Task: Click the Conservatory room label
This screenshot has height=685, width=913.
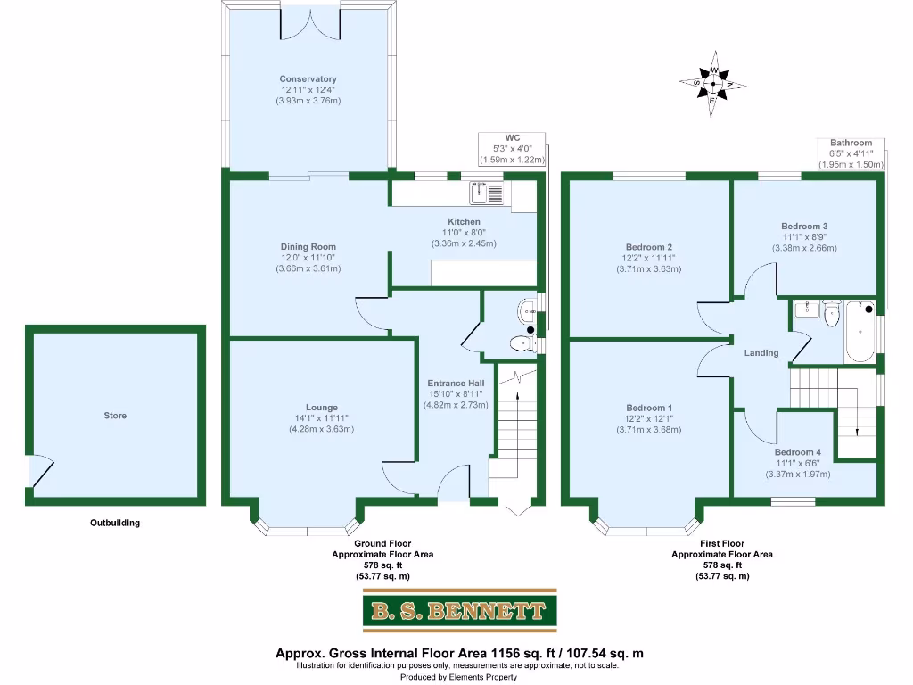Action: (308, 79)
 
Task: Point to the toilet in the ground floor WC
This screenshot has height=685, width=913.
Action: (520, 342)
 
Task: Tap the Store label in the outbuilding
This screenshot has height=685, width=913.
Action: (115, 416)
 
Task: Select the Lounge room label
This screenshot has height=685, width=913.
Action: (321, 408)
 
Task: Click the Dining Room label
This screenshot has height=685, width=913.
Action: (308, 247)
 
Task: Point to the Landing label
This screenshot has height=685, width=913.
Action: (761, 353)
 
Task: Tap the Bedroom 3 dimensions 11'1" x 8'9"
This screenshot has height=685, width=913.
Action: (804, 237)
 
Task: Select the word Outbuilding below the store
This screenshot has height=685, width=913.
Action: (115, 524)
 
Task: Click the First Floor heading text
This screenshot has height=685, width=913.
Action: (721, 543)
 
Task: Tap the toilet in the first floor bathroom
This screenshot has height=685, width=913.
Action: (833, 314)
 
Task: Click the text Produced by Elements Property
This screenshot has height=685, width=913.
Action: (458, 677)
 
